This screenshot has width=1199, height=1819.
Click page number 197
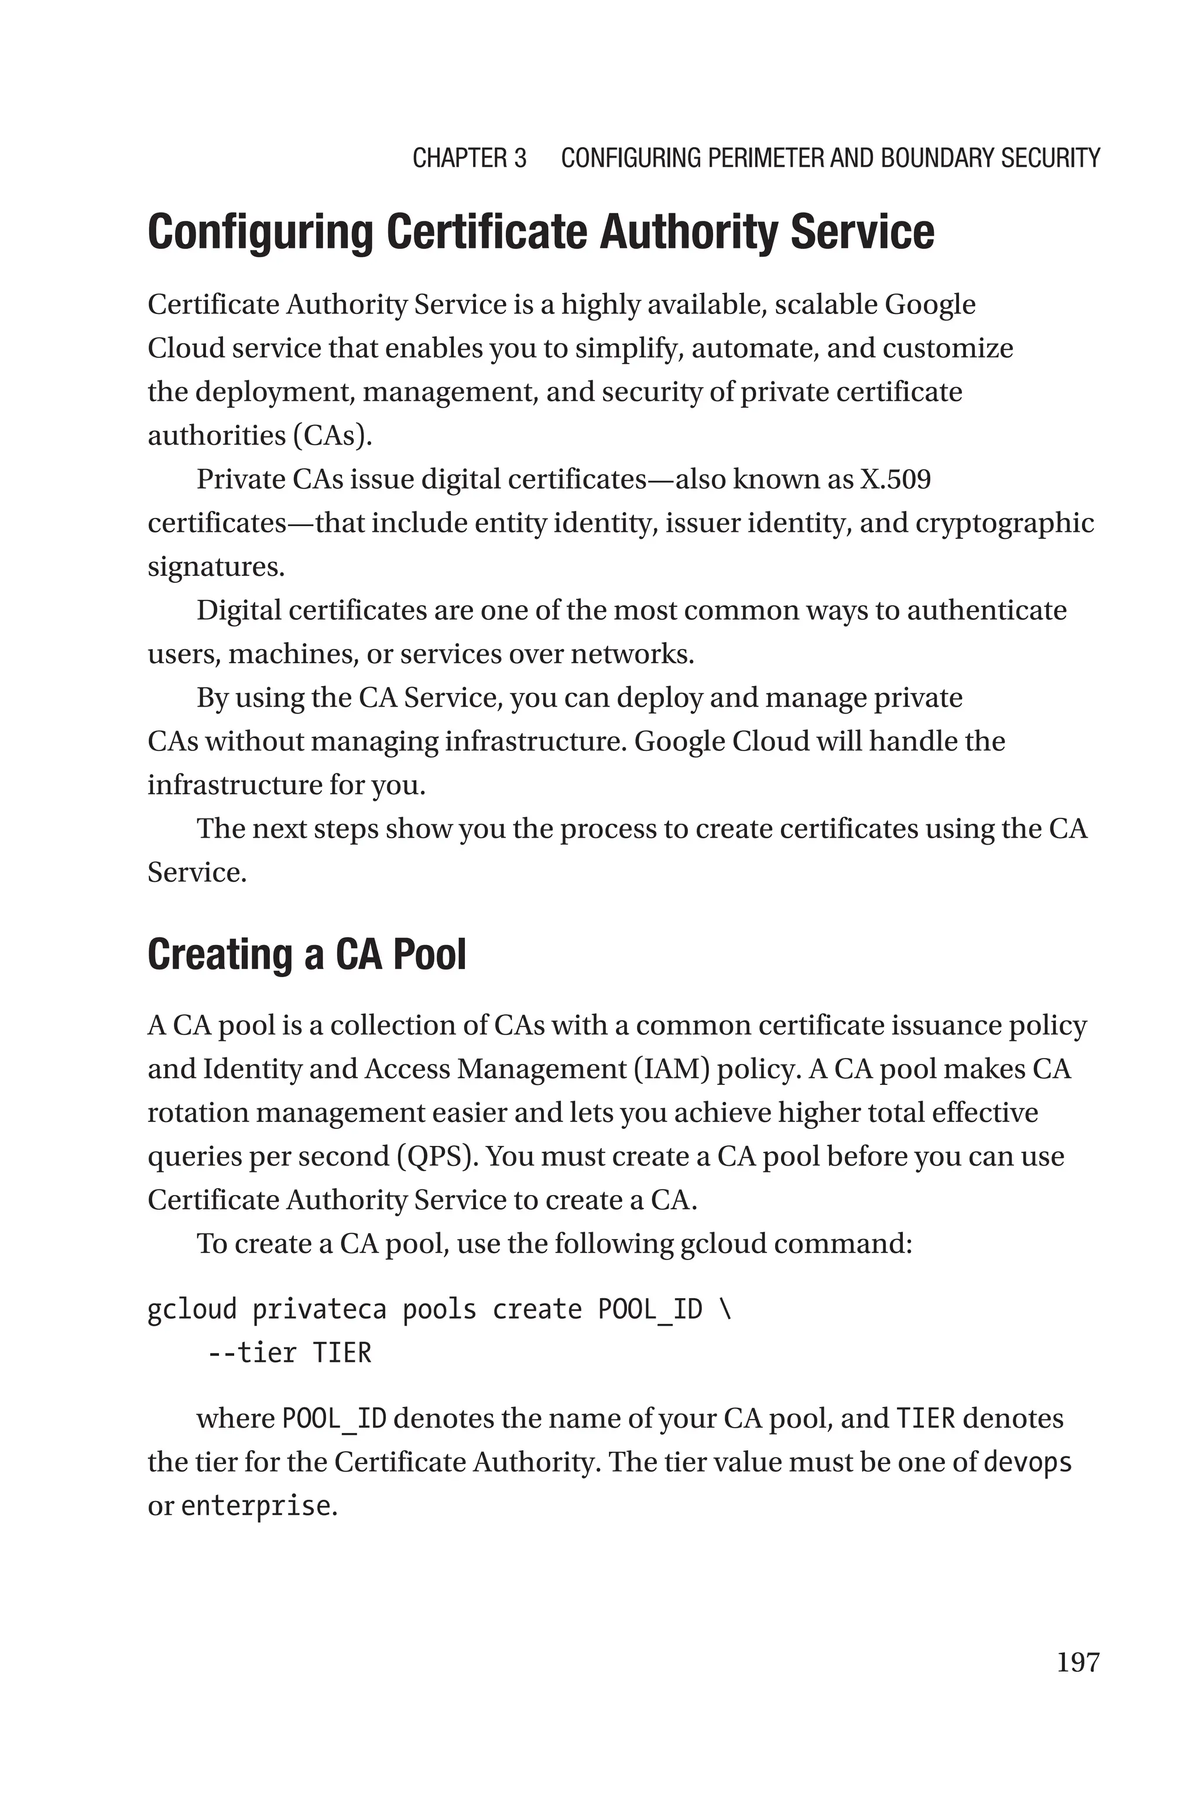[x=1077, y=1662]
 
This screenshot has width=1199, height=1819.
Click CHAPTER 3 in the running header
[x=470, y=158]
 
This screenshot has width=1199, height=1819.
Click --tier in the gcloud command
[x=252, y=1353]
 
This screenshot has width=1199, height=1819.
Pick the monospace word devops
[x=1027, y=1463]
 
